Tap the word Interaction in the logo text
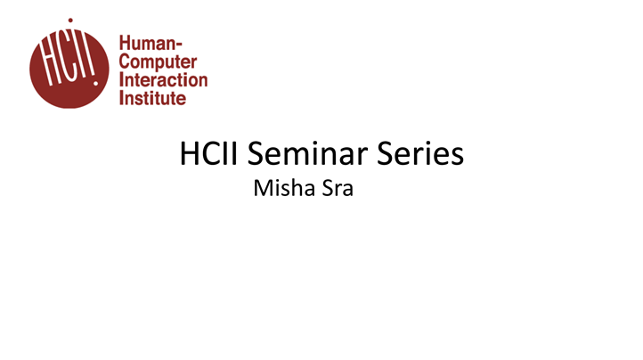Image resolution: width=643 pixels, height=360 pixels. click(x=163, y=79)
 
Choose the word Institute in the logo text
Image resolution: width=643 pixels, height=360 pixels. click(x=153, y=97)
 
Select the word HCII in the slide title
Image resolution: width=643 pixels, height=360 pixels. click(x=210, y=154)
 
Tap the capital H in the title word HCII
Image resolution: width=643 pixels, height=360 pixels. click(x=190, y=154)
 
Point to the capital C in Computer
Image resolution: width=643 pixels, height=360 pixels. click(x=125, y=61)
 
